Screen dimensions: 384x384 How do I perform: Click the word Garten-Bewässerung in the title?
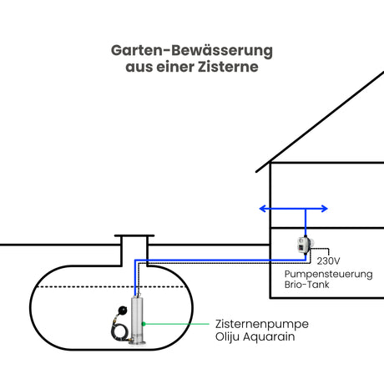(x=192, y=51)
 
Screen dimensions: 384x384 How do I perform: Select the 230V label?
(x=328, y=261)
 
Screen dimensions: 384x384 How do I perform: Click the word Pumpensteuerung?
(x=328, y=275)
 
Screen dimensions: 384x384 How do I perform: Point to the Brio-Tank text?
(x=306, y=285)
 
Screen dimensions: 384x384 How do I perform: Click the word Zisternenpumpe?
(x=262, y=324)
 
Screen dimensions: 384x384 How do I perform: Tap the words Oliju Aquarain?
(x=255, y=336)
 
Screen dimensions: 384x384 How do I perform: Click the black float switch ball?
(x=122, y=310)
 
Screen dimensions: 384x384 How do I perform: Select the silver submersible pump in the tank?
(x=138, y=320)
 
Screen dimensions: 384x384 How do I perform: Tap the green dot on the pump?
(x=144, y=324)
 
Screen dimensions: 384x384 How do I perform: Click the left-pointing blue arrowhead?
(x=262, y=209)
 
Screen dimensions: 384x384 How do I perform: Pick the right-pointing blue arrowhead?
(x=325, y=209)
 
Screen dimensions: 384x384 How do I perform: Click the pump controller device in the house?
(x=305, y=245)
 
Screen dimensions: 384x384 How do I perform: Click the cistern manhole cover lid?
(x=134, y=235)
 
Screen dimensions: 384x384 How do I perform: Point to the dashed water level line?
(x=111, y=286)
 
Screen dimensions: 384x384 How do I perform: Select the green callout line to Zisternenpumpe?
(x=176, y=324)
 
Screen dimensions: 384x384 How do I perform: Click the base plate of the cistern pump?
(x=137, y=343)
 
